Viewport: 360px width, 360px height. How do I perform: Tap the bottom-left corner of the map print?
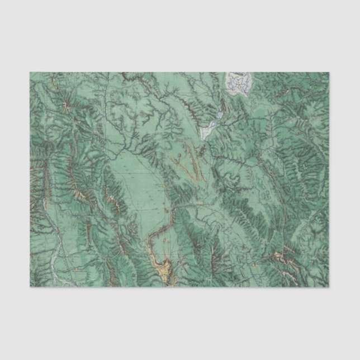29,287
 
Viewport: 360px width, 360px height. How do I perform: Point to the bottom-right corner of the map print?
330,287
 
